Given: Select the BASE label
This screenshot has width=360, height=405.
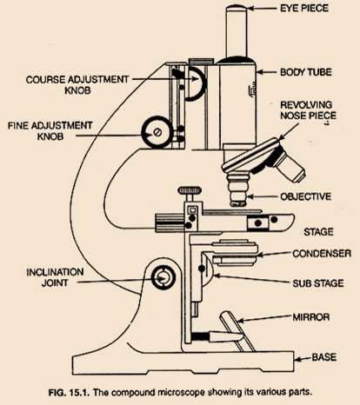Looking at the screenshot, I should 329,357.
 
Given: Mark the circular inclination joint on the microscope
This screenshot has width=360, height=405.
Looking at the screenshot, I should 163,278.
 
